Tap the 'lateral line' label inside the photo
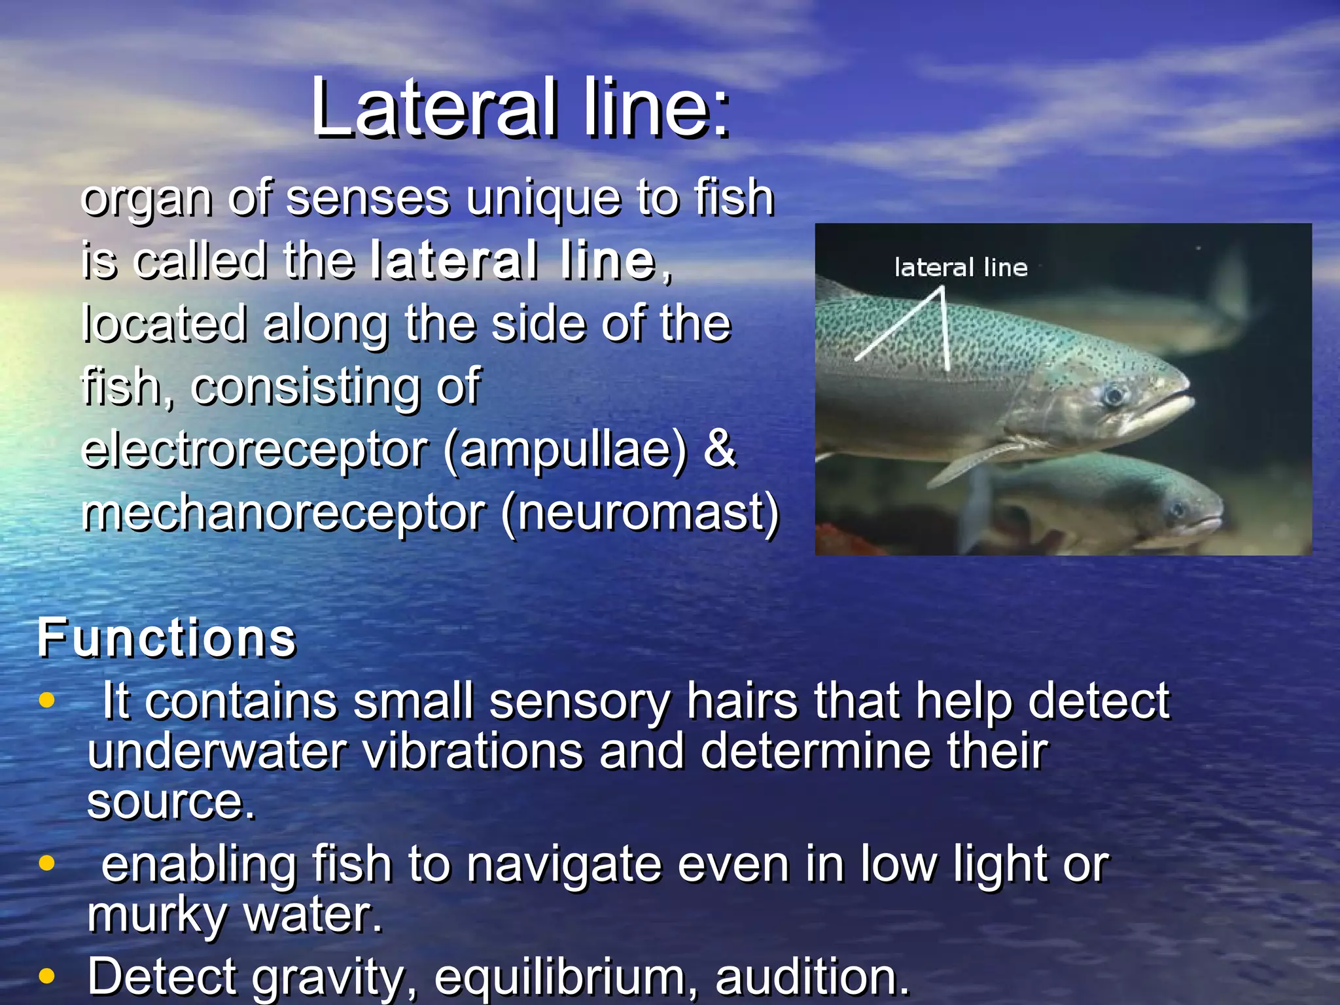[x=961, y=268]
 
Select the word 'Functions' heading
[x=167, y=638]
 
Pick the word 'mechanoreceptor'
[x=283, y=513]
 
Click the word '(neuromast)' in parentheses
[x=641, y=513]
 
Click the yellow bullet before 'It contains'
[x=46, y=700]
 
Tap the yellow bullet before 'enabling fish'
[x=46, y=863]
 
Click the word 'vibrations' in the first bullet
[x=472, y=751]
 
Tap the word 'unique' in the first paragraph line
[x=542, y=198]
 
